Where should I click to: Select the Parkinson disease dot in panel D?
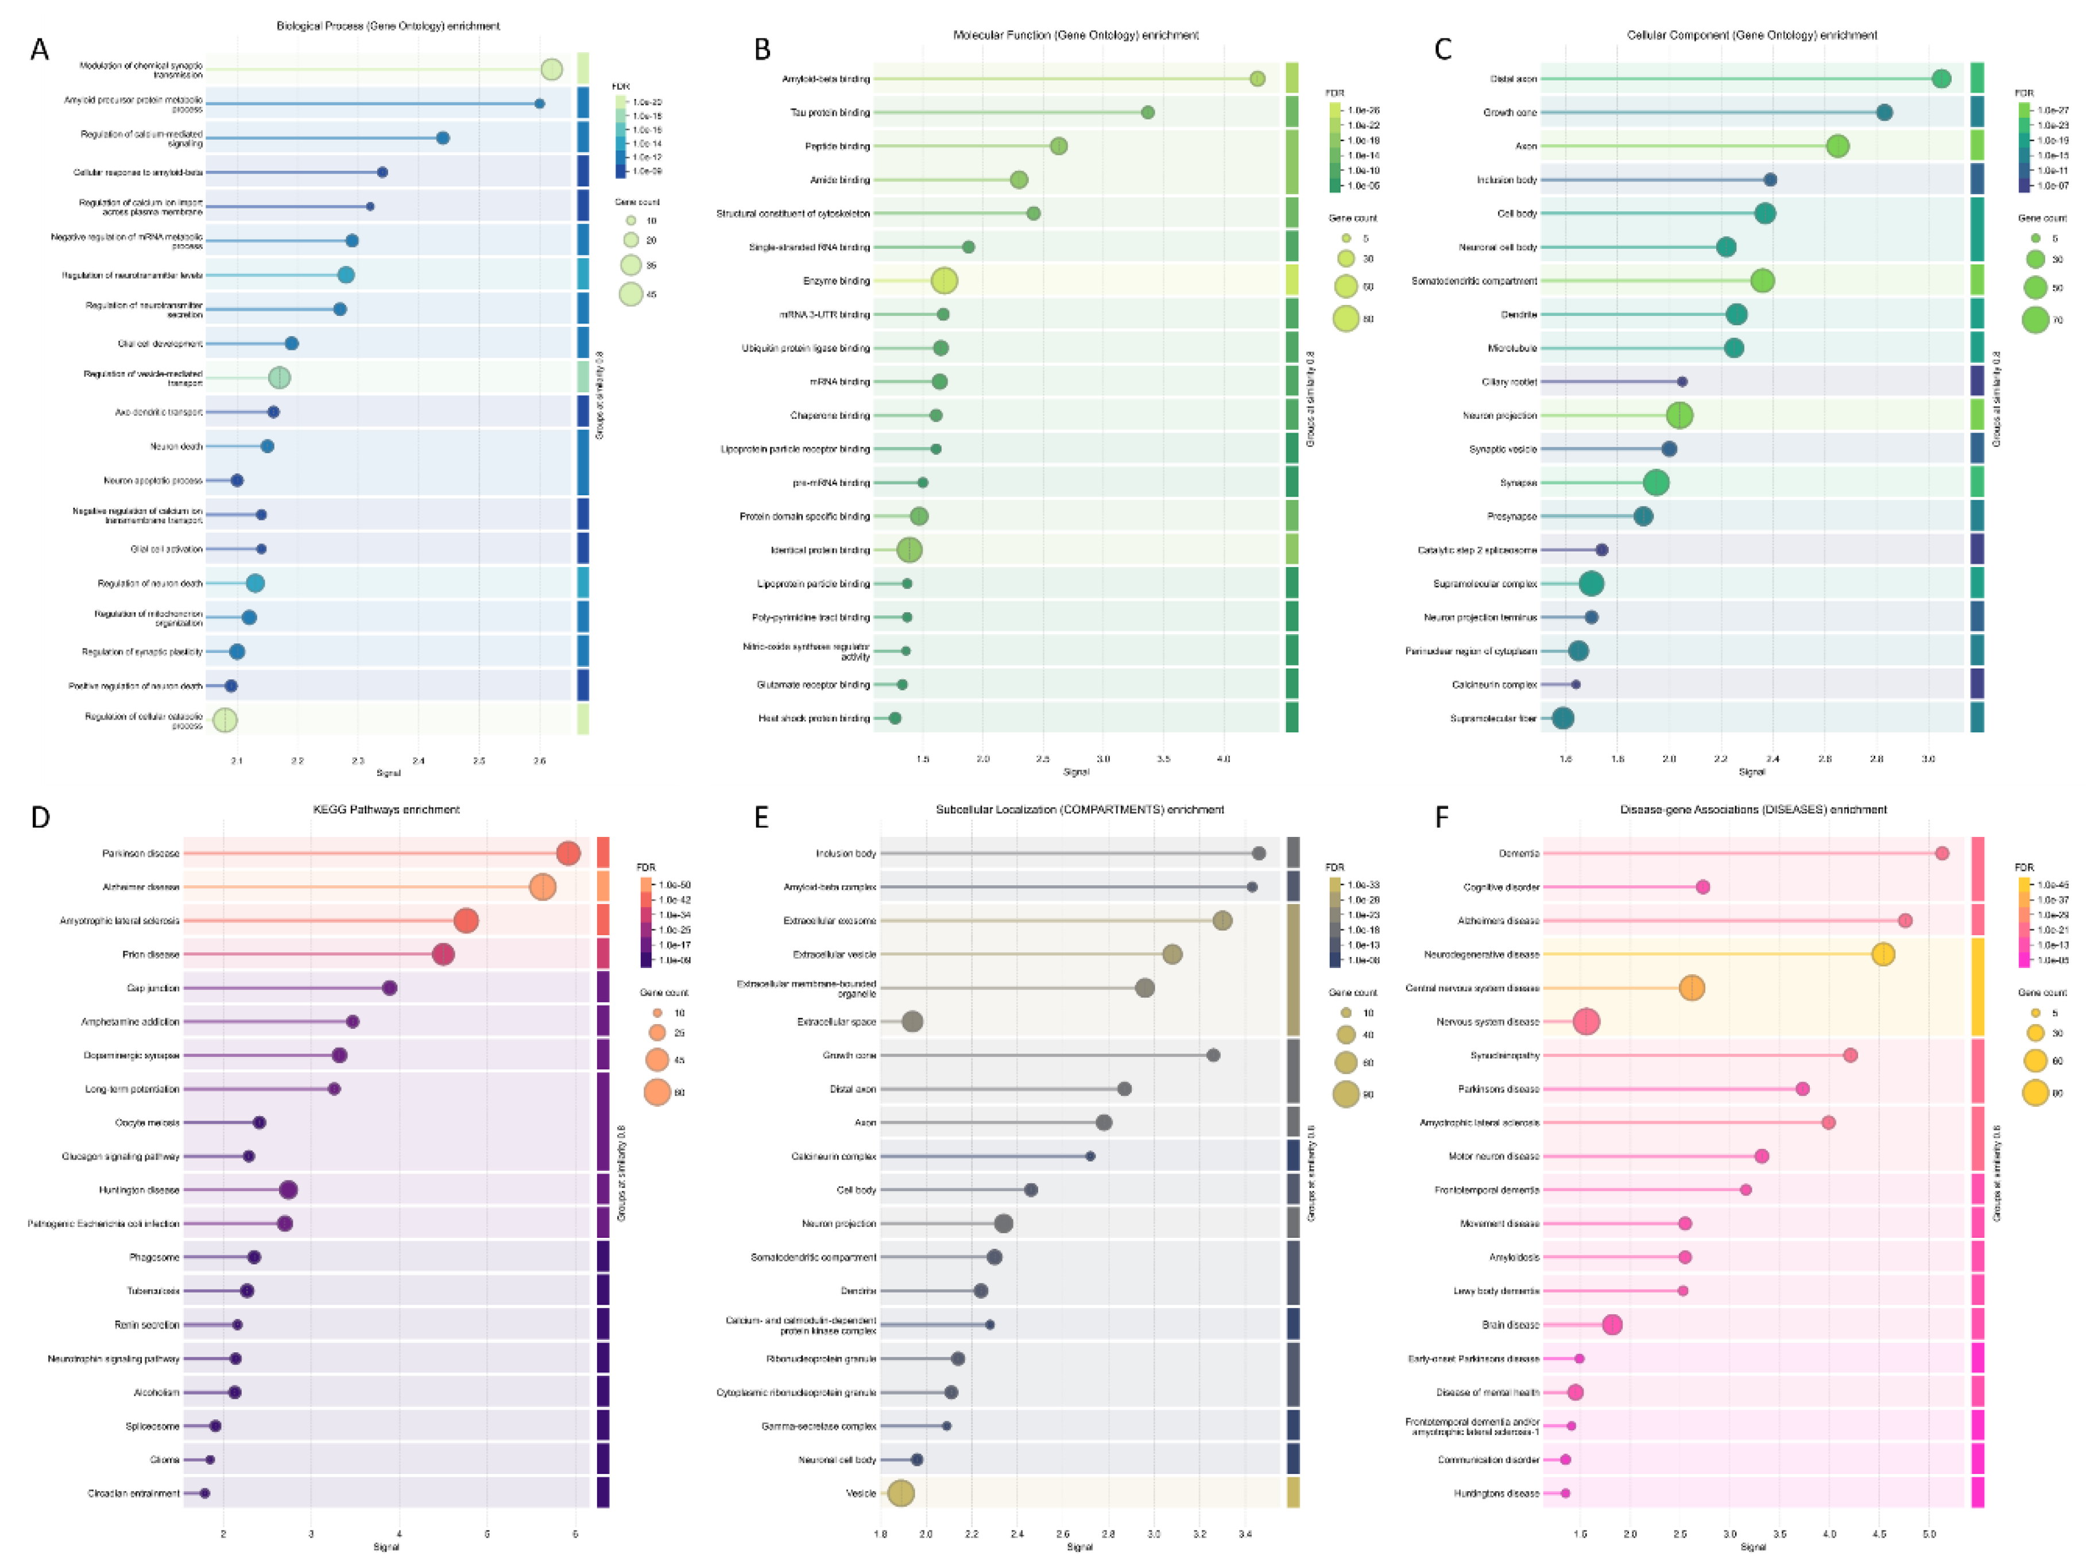568,854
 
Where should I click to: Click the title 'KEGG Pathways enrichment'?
386,809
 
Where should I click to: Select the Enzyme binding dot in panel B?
944,281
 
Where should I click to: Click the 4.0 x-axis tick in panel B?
1223,758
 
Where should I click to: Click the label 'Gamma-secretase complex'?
819,1426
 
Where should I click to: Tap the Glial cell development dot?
292,343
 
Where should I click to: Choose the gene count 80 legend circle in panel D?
657,1093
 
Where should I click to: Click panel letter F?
1441,817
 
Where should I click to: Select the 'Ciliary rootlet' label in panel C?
1509,382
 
